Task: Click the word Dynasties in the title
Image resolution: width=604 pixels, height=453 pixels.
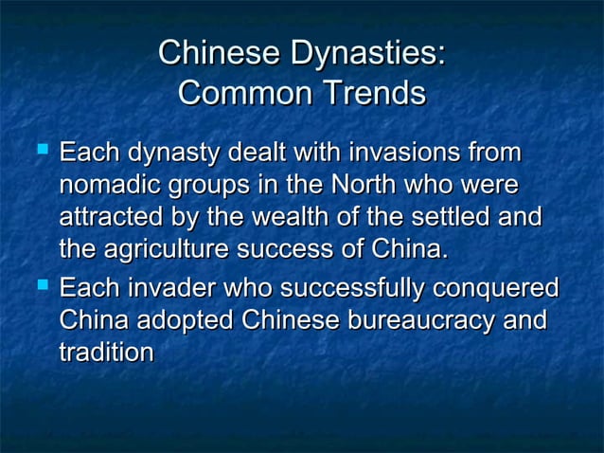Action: [367, 54]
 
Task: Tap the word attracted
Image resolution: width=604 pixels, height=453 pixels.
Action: [112, 218]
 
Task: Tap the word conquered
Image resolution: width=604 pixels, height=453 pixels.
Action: [506, 287]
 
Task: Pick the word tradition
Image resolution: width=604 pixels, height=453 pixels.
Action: [106, 353]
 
